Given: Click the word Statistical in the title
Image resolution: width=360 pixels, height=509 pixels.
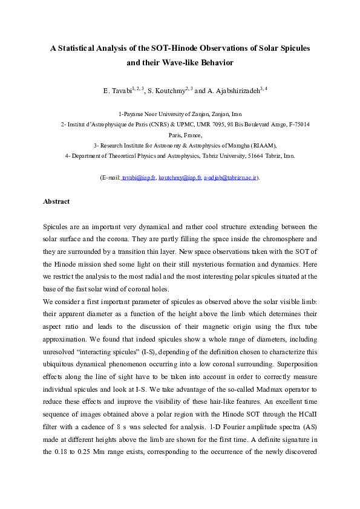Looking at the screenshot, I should click(x=81, y=49).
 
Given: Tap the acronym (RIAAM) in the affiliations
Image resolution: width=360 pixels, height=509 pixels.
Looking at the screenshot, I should click(x=260, y=146).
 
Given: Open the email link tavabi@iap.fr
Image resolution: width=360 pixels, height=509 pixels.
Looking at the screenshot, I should click(x=139, y=178).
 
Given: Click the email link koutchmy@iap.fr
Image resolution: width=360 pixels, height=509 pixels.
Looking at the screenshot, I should click(x=179, y=178).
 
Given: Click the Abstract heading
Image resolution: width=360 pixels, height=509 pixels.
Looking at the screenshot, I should click(x=56, y=202).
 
